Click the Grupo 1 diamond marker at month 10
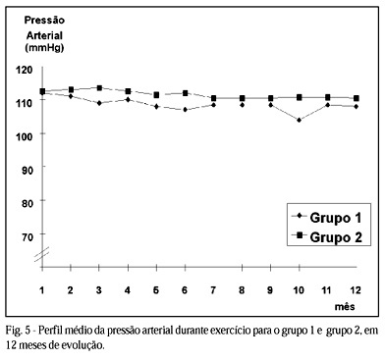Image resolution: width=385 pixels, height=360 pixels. tap(299, 120)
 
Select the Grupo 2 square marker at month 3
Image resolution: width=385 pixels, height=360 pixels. tap(99, 88)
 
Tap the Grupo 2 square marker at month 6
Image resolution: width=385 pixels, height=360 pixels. tap(185, 93)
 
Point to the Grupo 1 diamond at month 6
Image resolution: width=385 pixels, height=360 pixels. tap(185, 110)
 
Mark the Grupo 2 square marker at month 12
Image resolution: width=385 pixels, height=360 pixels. tap(357, 98)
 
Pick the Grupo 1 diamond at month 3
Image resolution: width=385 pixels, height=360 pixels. tap(99, 103)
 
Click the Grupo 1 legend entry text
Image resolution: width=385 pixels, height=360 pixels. tap(336, 218)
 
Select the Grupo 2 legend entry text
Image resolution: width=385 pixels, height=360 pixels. tap(336, 237)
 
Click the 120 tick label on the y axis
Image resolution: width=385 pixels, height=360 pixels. tap(25, 70)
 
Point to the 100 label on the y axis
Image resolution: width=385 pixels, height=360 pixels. tap(25, 136)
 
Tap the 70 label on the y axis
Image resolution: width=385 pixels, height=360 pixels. tap(27, 237)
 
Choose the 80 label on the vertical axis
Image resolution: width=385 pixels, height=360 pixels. tap(27, 203)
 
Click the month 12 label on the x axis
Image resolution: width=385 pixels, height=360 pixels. tap(355, 290)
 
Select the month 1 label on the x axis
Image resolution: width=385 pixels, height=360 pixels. tap(42, 290)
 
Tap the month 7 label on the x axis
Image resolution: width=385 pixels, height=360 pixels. tap(213, 290)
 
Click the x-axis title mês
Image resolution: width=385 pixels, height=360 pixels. tap(345, 307)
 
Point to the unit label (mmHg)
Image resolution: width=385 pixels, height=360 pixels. tap(44, 48)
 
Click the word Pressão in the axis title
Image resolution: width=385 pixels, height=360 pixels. tap(44, 21)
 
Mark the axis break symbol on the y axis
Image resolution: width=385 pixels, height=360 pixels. tap(42, 254)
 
